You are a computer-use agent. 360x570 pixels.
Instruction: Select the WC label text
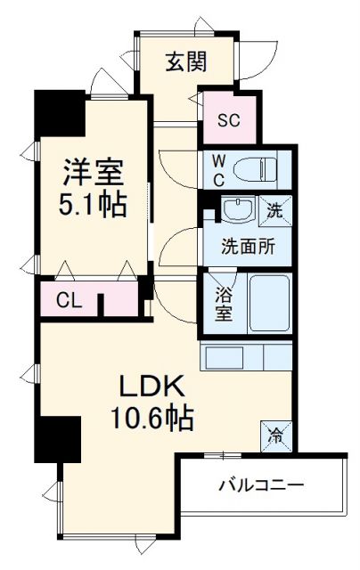217,168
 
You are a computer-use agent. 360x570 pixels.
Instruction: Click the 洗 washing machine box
276,210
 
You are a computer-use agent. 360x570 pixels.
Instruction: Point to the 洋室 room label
92,169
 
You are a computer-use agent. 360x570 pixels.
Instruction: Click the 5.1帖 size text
92,203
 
